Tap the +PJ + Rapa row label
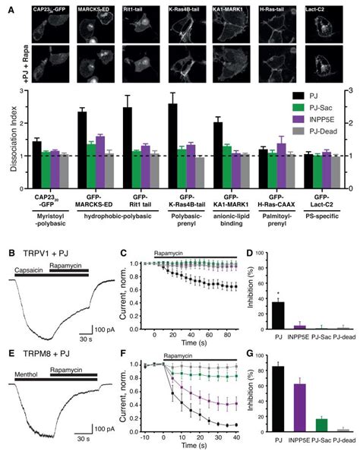[x=21, y=64]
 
